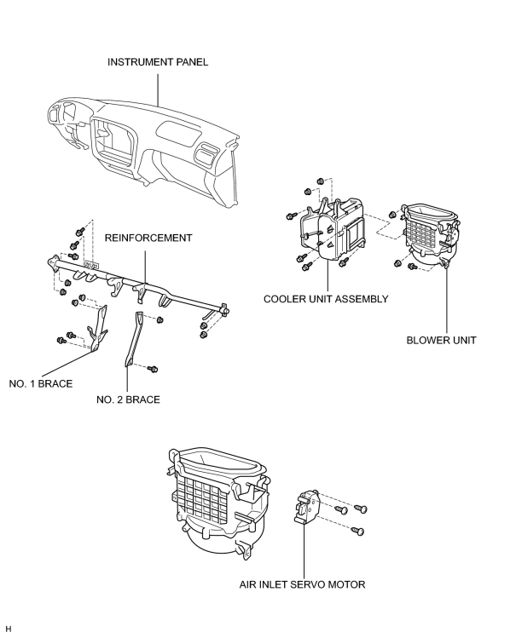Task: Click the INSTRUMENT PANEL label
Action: (x=158, y=62)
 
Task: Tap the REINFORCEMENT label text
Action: (x=148, y=238)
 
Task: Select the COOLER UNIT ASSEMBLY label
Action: (x=326, y=299)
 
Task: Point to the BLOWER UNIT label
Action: (x=441, y=340)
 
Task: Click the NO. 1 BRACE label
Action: (x=41, y=384)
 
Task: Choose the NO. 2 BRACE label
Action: (x=128, y=400)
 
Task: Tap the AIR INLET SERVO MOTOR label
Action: (x=302, y=584)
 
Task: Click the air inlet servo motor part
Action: (x=306, y=506)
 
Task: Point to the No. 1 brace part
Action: (x=98, y=328)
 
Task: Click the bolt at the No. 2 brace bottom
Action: (x=153, y=369)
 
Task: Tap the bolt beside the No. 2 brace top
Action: (x=160, y=319)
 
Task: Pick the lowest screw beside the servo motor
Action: (x=357, y=531)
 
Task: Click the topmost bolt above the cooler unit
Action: (x=321, y=181)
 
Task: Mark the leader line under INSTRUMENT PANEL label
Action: (x=158, y=89)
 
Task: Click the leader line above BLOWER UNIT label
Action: (x=446, y=301)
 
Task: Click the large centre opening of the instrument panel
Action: (x=113, y=142)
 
